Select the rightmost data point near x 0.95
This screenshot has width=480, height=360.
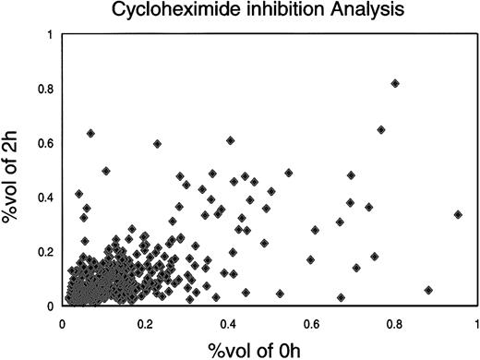point(458,214)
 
